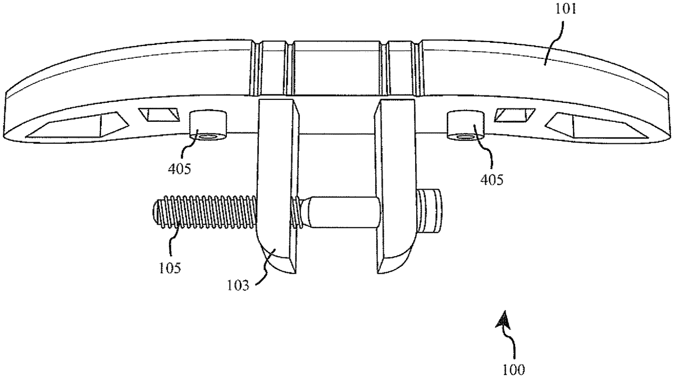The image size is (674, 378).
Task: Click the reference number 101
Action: pos(566,9)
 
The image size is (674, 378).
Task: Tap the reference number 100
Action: pos(514,370)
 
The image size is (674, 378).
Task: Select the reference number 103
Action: pos(238,285)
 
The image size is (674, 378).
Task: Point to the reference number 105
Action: pos(170,268)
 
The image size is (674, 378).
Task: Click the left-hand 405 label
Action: pos(180,169)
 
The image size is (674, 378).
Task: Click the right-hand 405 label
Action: pos(492,180)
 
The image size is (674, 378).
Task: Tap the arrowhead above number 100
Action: pos(503,320)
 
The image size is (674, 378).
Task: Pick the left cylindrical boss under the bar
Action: pos(208,125)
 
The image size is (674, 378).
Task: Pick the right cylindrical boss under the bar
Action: pos(466,125)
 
